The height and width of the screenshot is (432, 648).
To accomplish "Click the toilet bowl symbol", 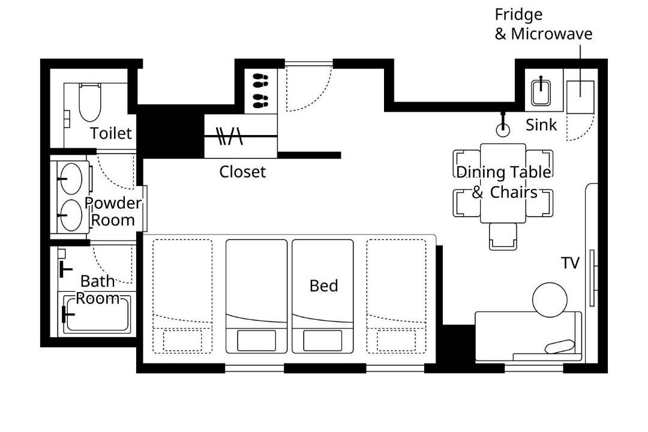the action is click(x=89, y=102).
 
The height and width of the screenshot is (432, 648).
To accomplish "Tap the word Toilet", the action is click(x=111, y=133).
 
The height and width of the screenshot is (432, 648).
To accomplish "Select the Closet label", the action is click(x=242, y=172).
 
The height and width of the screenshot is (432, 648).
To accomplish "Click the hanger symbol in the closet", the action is click(x=229, y=136).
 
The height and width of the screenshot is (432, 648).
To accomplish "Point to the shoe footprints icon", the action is click(x=260, y=91).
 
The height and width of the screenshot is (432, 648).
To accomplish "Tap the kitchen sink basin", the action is click(x=541, y=92).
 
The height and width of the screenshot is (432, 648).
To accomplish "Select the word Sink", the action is click(x=541, y=125).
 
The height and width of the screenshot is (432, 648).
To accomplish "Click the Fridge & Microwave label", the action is click(x=544, y=24).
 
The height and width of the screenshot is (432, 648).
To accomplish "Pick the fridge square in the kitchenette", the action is click(x=580, y=97).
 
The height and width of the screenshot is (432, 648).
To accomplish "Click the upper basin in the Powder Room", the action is click(x=71, y=179).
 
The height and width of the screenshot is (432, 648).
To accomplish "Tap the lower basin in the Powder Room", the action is click(x=71, y=215).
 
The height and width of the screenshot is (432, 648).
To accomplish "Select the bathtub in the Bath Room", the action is click(x=98, y=313).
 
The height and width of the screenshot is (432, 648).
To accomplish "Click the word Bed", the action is click(x=323, y=286).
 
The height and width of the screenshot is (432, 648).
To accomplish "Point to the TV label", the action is click(x=571, y=263).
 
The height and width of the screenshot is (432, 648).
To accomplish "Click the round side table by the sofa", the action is click(x=550, y=300).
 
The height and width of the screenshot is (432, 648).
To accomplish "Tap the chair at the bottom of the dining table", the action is click(x=503, y=236).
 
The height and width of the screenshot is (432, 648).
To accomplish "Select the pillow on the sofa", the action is click(x=560, y=346).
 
